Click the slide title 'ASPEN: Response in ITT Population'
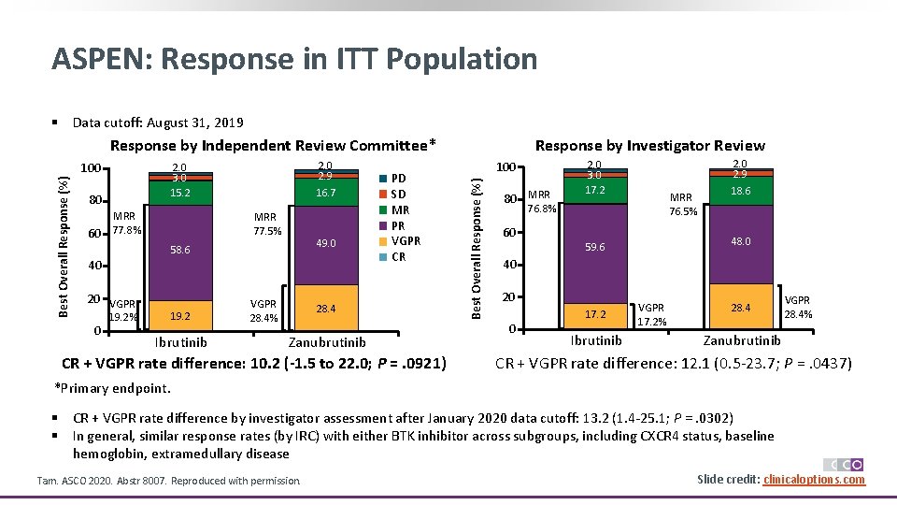coord(294,59)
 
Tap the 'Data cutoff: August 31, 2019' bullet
coord(158,123)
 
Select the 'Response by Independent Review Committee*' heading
coord(273,145)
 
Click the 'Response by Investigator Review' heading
coord(649,145)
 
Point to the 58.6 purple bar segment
coord(179,251)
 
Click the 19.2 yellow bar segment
coord(179,316)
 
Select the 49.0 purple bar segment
coord(326,243)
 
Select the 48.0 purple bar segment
coord(740,241)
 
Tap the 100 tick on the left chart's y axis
coord(90,168)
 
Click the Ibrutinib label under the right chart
coord(595,340)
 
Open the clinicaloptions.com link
coord(814,480)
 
